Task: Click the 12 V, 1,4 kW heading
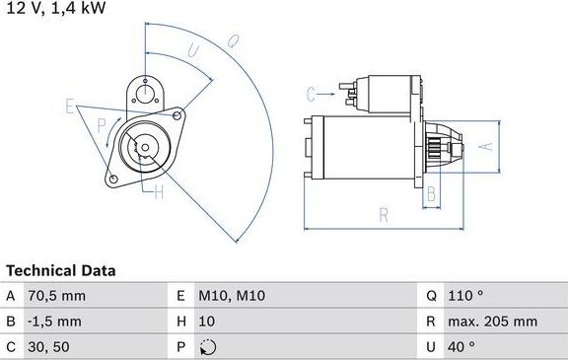[54, 8]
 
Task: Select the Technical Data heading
[60, 270]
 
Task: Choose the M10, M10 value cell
[234, 296]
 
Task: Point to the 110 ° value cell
[467, 296]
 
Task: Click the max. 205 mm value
[494, 321]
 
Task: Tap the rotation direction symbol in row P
[206, 346]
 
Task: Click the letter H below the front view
[158, 193]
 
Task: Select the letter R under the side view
[383, 214]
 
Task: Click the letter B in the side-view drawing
[430, 193]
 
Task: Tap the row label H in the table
[180, 321]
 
